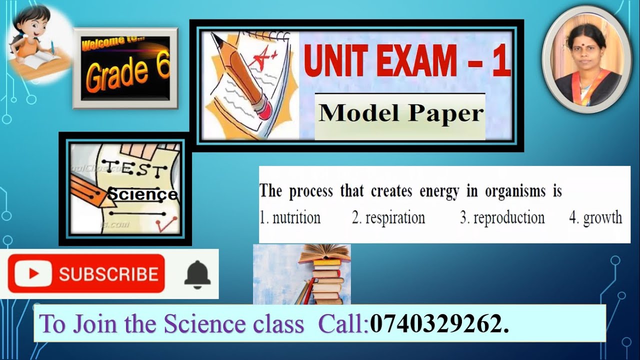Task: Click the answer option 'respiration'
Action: click(x=388, y=218)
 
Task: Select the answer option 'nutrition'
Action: click(x=290, y=218)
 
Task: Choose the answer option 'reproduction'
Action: click(x=502, y=218)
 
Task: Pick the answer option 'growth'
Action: click(x=596, y=218)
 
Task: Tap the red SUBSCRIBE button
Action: click(x=86, y=273)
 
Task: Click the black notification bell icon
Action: click(x=197, y=274)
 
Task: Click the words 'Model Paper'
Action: click(x=401, y=113)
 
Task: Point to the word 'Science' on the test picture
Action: click(x=142, y=194)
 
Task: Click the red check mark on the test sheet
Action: click(x=163, y=225)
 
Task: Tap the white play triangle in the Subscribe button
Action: click(x=33, y=273)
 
